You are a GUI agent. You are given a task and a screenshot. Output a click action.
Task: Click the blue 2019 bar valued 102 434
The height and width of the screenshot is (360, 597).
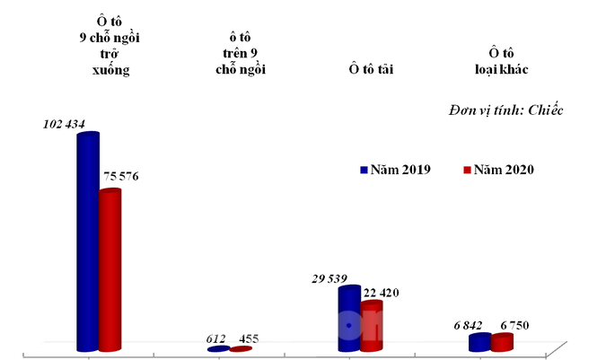point(87,242)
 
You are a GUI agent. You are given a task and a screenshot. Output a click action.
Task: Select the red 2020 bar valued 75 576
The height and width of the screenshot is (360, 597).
point(110,269)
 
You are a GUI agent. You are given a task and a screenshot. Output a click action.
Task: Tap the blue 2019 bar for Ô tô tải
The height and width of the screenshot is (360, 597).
point(348,319)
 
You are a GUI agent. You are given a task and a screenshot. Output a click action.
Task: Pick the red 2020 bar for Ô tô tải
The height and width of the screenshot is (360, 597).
point(371,325)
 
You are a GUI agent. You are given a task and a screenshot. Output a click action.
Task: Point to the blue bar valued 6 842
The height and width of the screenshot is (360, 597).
point(479,342)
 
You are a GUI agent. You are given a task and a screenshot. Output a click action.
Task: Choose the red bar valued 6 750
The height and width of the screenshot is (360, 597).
point(502,342)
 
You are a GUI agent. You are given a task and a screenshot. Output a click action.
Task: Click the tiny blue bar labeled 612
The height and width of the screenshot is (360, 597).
point(218,349)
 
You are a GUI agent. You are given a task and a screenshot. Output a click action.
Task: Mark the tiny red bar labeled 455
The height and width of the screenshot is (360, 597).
point(241,349)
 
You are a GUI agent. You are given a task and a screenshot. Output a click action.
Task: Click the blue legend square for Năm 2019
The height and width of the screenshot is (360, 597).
point(364,169)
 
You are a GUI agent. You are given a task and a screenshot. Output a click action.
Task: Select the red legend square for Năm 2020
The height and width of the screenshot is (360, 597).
point(467,169)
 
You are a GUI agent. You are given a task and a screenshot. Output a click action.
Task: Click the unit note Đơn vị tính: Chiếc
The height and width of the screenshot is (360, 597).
point(505,110)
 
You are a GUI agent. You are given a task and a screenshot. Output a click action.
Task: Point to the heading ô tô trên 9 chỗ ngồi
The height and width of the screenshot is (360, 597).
point(238,53)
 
